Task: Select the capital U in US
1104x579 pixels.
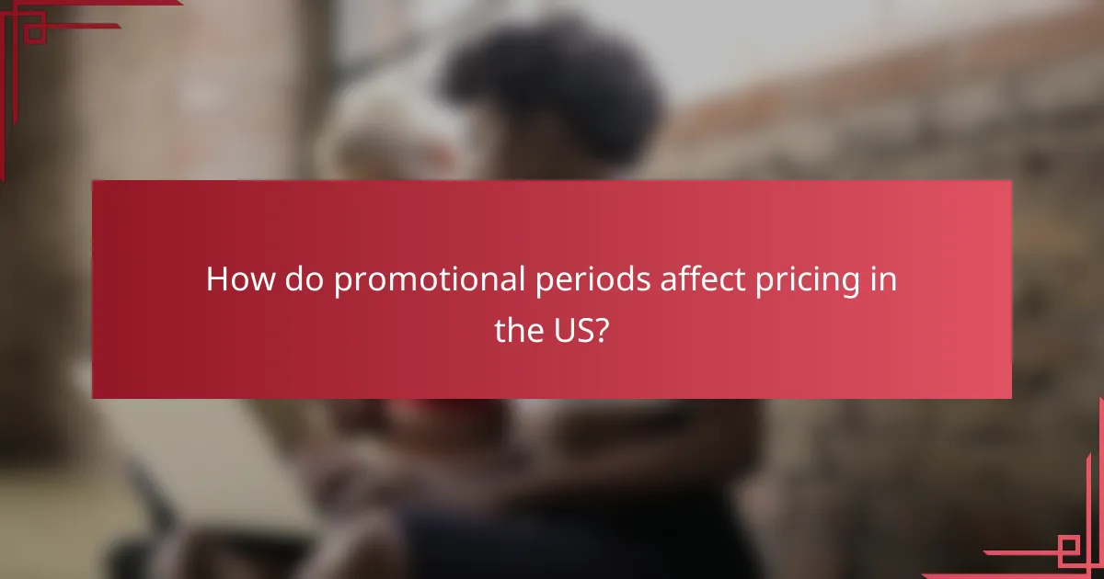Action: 564,330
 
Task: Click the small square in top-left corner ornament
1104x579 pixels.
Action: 34,33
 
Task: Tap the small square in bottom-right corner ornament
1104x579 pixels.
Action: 1070,547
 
